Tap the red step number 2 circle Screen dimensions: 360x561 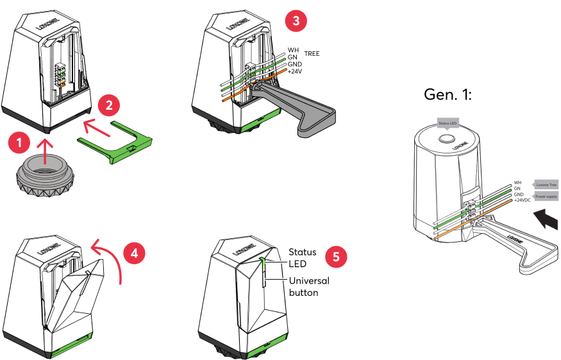(x=110, y=104)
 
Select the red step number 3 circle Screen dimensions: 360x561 (x=295, y=20)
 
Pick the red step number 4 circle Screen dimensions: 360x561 (x=133, y=253)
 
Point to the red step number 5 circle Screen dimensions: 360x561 (x=336, y=257)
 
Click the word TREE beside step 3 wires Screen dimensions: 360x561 (x=312, y=54)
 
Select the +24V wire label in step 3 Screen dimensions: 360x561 (x=295, y=71)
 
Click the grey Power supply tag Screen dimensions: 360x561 (x=546, y=196)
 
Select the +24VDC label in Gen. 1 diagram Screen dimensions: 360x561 (x=523, y=200)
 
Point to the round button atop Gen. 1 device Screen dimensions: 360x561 (x=446, y=138)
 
